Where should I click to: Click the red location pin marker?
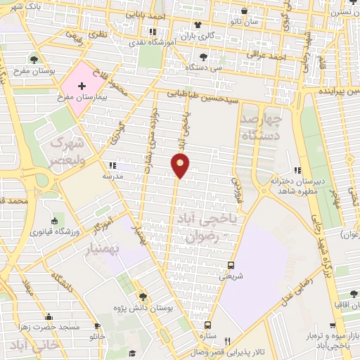(181, 165)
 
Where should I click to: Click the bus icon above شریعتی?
(231, 265)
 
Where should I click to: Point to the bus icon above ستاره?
(207, 325)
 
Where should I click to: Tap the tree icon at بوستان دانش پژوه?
(143, 297)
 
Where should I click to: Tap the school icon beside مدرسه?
(110, 167)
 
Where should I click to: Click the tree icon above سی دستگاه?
(203, 56)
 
